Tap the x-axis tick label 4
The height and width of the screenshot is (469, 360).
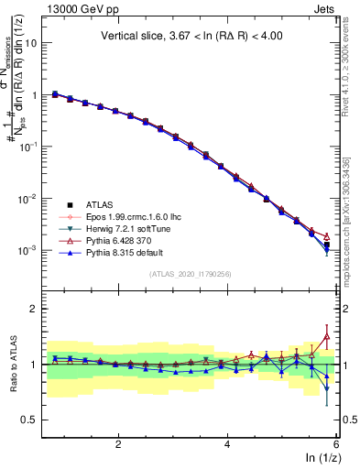tap(227, 444)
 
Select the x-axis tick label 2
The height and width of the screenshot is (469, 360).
tap(118, 444)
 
